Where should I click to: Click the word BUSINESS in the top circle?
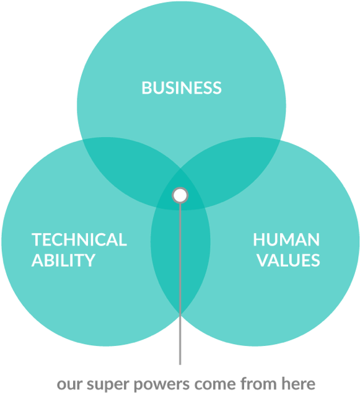coord(182,88)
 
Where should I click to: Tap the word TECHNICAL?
coord(79,240)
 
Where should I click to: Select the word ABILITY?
coord(63,260)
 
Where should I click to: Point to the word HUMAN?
coord(286,240)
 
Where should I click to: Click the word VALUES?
coord(289,260)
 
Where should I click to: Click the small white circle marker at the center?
coord(180,195)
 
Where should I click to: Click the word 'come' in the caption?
coord(215,384)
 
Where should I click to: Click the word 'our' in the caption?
coord(71,384)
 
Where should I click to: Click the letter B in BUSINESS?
coord(147,88)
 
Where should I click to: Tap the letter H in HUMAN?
coord(258,240)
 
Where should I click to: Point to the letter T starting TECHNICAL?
coord(37,240)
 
